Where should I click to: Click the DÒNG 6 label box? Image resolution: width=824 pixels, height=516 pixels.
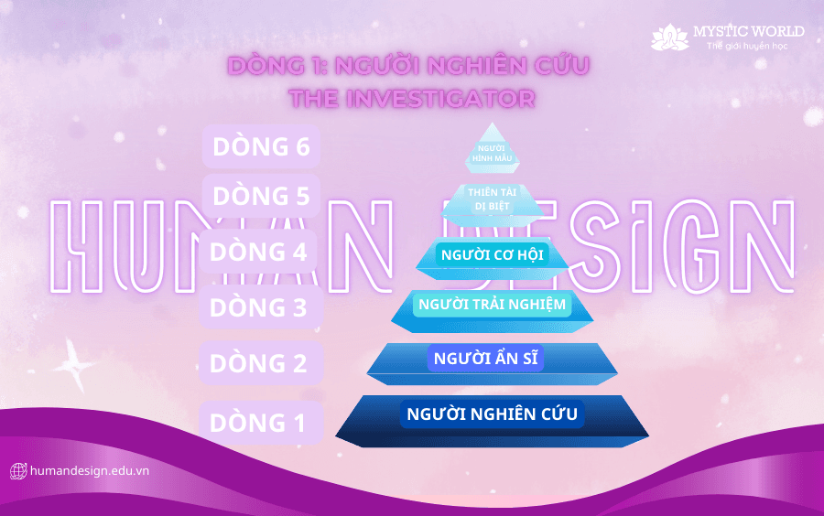pyautogui.click(x=261, y=146)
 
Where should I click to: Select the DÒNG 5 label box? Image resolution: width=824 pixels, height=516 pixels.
pyautogui.click(x=261, y=196)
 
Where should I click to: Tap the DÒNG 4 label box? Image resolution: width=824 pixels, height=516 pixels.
pyautogui.click(x=258, y=252)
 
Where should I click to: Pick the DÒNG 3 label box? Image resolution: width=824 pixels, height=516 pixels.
pyautogui.click(x=261, y=307)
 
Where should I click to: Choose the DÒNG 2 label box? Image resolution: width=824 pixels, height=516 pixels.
pyautogui.click(x=261, y=362)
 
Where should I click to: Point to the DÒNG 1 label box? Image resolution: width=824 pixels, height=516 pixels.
pyautogui.click(x=261, y=423)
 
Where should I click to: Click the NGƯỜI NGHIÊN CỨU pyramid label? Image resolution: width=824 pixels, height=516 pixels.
pyautogui.click(x=492, y=414)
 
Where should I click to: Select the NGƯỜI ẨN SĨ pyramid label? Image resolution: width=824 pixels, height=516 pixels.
pyautogui.click(x=485, y=358)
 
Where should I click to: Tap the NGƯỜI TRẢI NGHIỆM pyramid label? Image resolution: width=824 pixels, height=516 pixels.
pyautogui.click(x=492, y=305)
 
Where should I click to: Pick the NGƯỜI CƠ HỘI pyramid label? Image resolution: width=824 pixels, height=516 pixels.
pyautogui.click(x=492, y=255)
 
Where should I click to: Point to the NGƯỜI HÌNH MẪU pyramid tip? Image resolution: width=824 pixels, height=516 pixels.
pyautogui.click(x=493, y=149)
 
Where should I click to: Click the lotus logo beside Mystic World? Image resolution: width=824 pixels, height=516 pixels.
pyautogui.click(x=669, y=37)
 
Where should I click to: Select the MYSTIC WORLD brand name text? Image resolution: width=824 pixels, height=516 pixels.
pyautogui.click(x=748, y=31)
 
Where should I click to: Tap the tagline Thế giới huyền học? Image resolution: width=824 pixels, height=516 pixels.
pyautogui.click(x=747, y=46)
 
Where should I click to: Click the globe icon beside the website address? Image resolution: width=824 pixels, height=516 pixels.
pyautogui.click(x=18, y=471)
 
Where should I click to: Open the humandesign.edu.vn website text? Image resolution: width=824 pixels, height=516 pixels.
pyautogui.click(x=90, y=471)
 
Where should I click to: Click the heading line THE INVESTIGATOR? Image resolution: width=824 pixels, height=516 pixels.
pyautogui.click(x=412, y=99)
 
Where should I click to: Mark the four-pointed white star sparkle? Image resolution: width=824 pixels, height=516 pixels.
pyautogui.click(x=74, y=364)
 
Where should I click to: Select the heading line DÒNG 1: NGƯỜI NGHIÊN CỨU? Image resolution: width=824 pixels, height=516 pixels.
pyautogui.click(x=408, y=66)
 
